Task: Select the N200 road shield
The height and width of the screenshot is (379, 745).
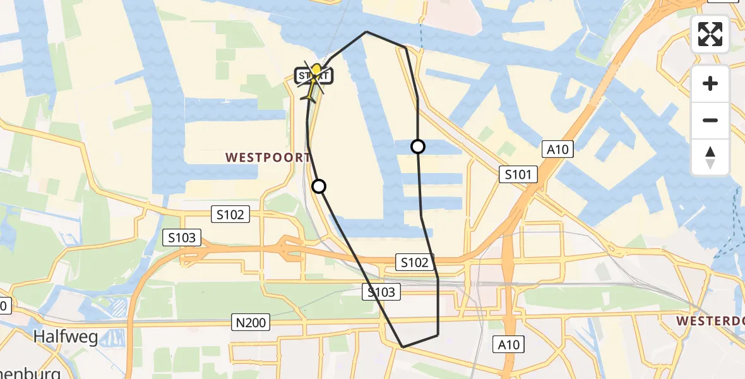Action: [x=251, y=323]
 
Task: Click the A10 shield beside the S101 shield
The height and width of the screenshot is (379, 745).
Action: [x=557, y=150]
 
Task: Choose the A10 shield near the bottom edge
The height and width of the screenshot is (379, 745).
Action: [x=508, y=344]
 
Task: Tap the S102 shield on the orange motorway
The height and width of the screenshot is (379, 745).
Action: [x=414, y=262]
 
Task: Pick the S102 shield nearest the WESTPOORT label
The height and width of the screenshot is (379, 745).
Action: [x=230, y=215]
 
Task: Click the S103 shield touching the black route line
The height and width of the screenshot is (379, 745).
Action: [x=381, y=292]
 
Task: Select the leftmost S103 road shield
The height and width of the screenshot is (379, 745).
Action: [x=182, y=238]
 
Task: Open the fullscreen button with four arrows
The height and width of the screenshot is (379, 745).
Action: [x=710, y=34]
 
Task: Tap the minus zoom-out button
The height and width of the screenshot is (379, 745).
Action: [x=710, y=120]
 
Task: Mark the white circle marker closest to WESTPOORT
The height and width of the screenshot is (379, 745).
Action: [x=319, y=186]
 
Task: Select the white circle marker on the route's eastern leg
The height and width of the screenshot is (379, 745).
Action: [x=418, y=147]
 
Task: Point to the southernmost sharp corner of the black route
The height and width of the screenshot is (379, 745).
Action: [x=403, y=347]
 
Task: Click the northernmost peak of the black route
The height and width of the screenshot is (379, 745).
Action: [x=366, y=32]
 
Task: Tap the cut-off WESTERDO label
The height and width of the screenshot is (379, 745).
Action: [x=710, y=322]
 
